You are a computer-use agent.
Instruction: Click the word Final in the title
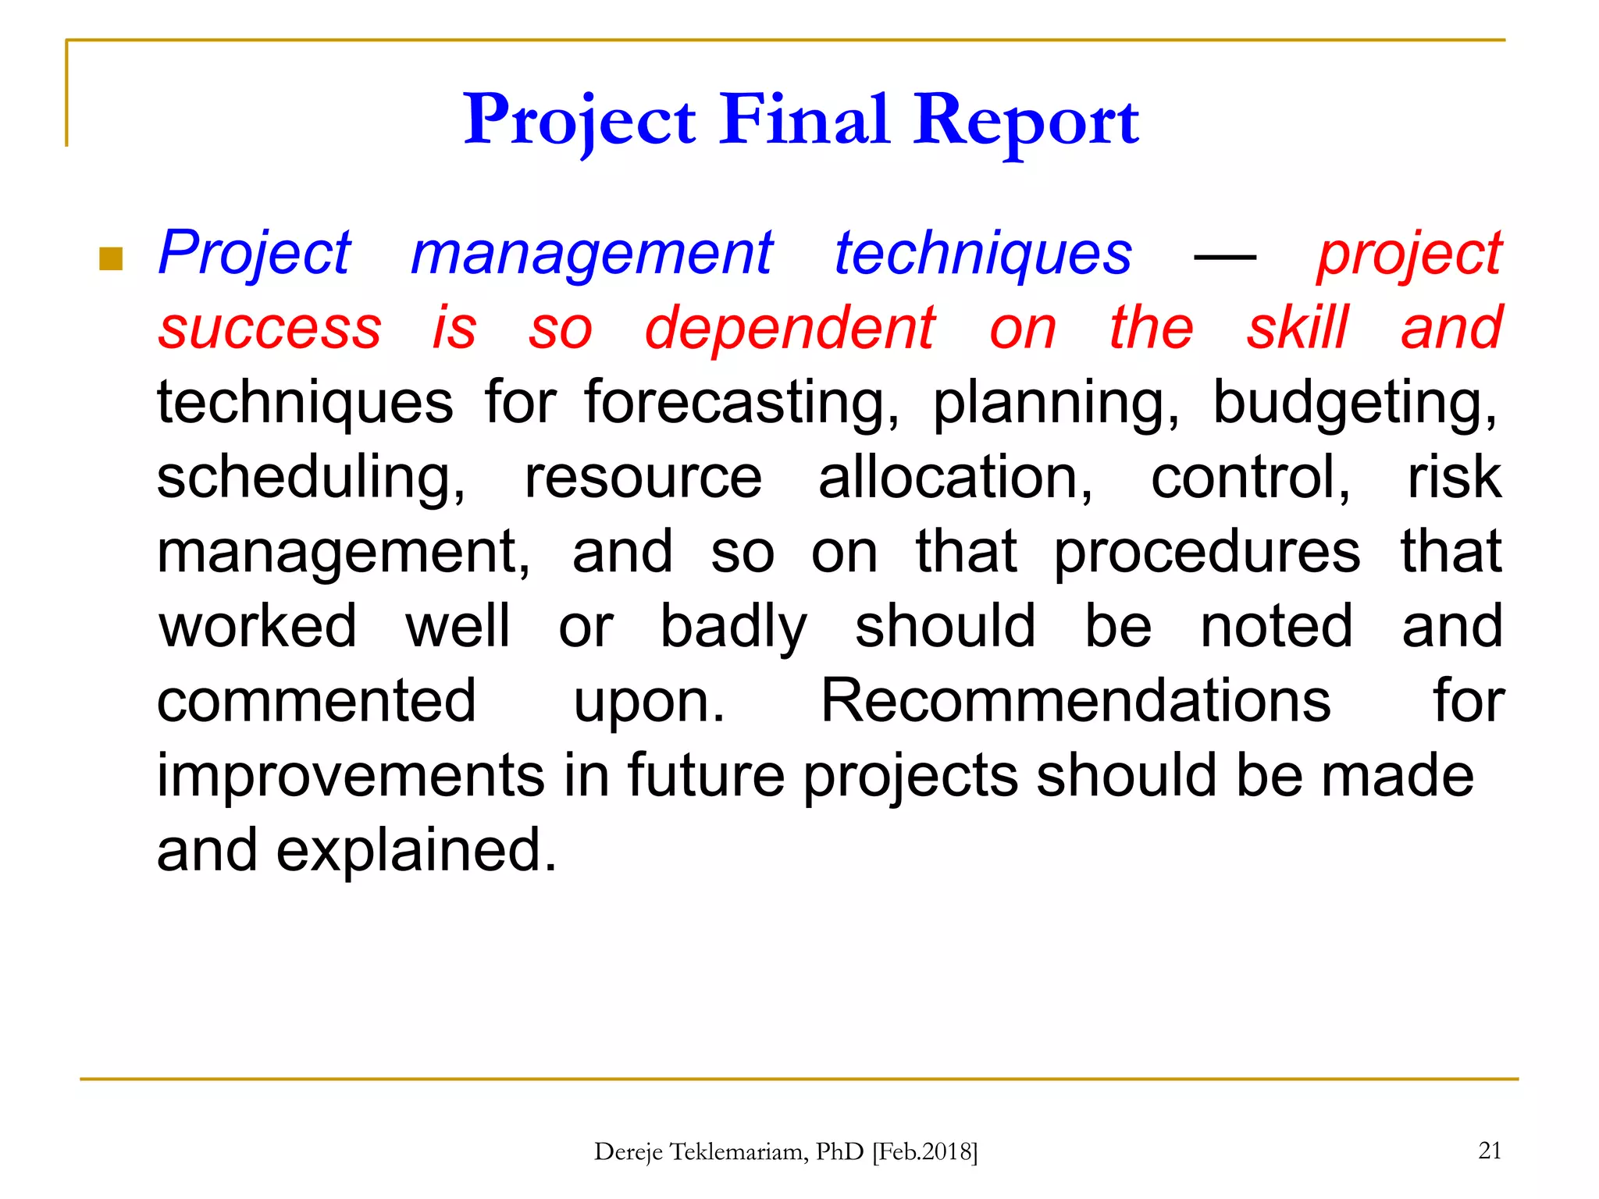click(x=804, y=121)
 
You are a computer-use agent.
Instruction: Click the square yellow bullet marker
click(x=112, y=258)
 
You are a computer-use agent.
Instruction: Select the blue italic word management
click(x=592, y=254)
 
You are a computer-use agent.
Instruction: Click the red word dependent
click(x=789, y=329)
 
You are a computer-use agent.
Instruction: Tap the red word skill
click(x=1297, y=329)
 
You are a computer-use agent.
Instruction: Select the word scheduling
click(x=311, y=479)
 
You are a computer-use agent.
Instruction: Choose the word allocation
click(x=955, y=477)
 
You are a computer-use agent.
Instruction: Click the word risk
click(x=1453, y=477)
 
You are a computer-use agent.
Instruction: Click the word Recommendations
click(x=1075, y=700)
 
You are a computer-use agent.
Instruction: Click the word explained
click(x=416, y=852)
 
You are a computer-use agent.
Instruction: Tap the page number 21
click(x=1490, y=1150)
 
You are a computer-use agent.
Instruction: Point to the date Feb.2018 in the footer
click(x=924, y=1152)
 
